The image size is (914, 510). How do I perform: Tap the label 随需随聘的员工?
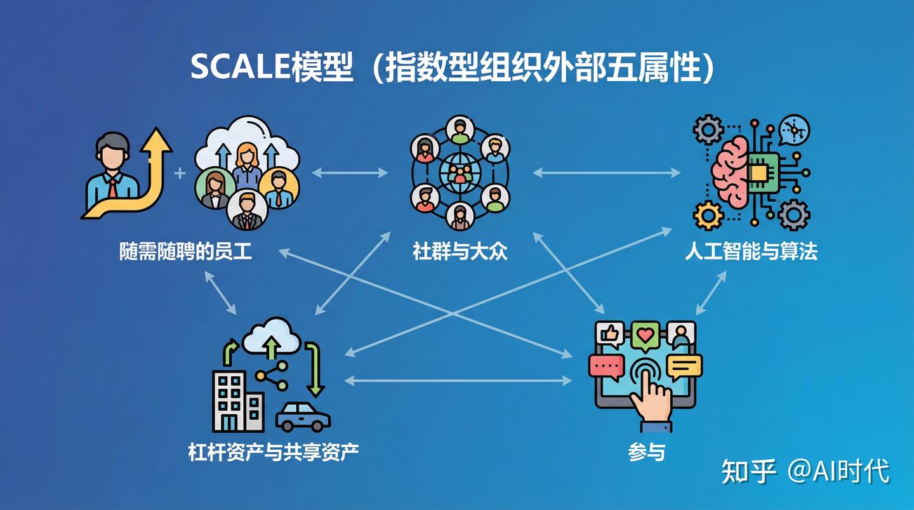click(185, 252)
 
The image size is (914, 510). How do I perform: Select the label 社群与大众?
click(460, 252)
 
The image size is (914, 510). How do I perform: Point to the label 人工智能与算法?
click(751, 252)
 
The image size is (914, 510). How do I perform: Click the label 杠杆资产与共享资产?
click(274, 452)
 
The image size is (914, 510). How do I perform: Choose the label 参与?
click(647, 452)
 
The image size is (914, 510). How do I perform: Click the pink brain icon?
click(730, 171)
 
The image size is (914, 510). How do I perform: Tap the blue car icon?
click(303, 417)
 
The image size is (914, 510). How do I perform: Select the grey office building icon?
click(236, 400)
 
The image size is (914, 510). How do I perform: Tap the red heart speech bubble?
click(646, 334)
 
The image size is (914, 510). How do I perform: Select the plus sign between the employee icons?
click(180, 173)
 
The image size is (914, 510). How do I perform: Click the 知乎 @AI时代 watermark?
click(805, 471)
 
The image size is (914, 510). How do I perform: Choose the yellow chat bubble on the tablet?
click(684, 366)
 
